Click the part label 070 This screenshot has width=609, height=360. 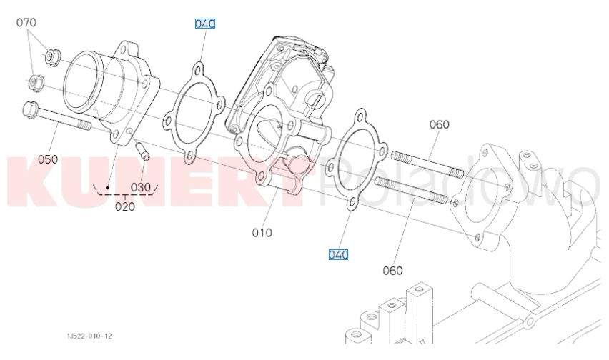pos(26,23)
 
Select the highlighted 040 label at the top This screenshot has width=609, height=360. pos(204,24)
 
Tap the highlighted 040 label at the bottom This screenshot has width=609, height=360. pos(338,254)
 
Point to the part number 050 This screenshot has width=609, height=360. pos(48,159)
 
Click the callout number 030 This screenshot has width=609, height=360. pos(140,187)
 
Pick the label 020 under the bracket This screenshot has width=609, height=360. pos(125,206)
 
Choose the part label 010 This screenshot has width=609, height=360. pos(262,232)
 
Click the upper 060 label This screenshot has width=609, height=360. pos(440,124)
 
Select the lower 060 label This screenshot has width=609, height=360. pos(392,271)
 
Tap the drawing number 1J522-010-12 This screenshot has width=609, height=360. pos(89,336)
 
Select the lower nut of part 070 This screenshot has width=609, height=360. pos(36,83)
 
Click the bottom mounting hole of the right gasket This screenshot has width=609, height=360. pos(352,202)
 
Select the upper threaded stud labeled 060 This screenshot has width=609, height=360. pos(427,164)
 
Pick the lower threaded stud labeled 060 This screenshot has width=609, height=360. pos(411,190)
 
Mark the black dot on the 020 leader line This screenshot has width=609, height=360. pos(108,188)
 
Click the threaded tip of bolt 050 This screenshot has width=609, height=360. pos(84,125)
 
